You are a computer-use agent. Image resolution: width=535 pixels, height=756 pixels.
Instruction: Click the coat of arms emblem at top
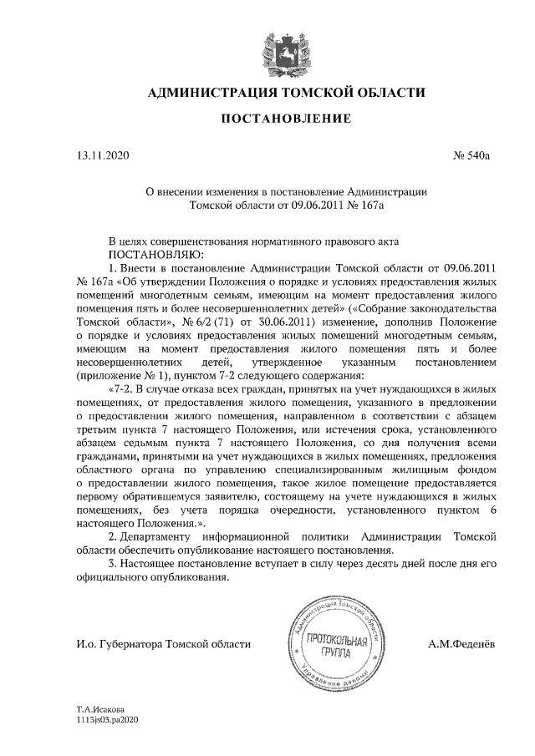279,47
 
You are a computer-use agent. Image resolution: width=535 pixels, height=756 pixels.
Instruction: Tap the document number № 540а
470,155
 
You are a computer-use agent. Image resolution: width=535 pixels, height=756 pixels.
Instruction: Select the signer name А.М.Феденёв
461,644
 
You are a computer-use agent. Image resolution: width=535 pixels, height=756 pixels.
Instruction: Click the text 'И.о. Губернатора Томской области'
162,644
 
